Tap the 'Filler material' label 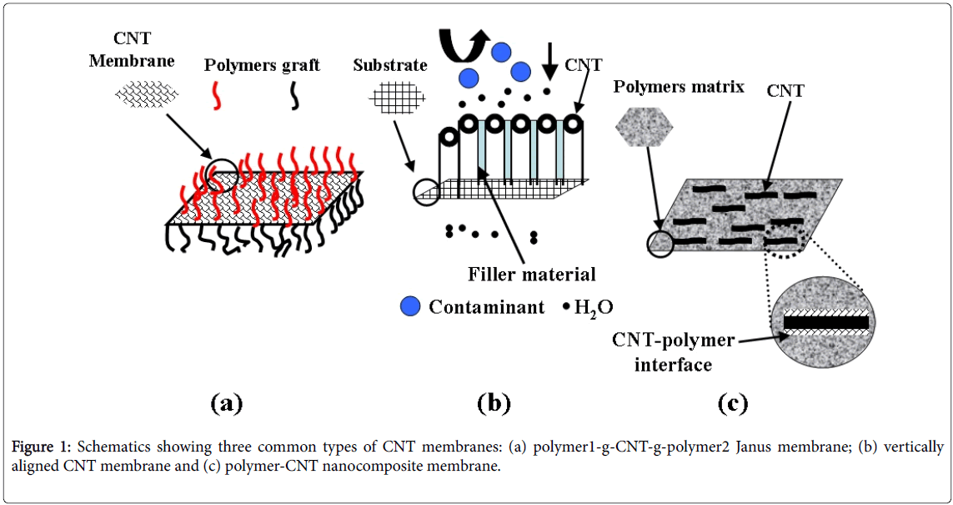point(532,274)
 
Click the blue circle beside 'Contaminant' point(410,306)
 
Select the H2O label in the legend point(594,307)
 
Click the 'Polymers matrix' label point(679,86)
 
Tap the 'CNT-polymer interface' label point(673,352)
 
